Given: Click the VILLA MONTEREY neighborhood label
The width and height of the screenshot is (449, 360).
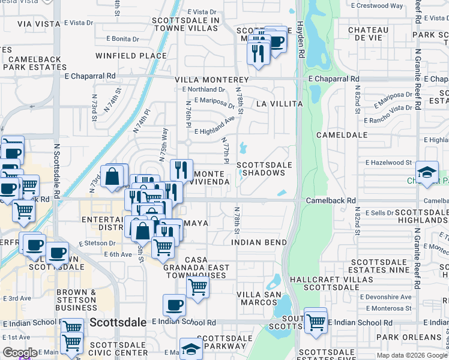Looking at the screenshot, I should [x=211, y=80].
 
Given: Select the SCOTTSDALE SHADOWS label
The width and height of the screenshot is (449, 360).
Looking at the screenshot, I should [x=265, y=169].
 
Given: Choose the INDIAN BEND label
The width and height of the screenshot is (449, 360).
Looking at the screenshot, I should [x=259, y=242].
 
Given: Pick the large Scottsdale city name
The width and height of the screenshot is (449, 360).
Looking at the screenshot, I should [x=118, y=322].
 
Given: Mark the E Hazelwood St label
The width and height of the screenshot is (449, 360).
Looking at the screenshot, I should [x=388, y=162].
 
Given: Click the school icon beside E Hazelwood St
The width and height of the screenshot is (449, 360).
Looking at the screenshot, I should [x=427, y=172].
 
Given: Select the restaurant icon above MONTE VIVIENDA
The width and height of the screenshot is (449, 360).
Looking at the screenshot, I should [x=181, y=170].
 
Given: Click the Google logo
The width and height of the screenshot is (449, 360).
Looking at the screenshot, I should [x=20, y=353].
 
